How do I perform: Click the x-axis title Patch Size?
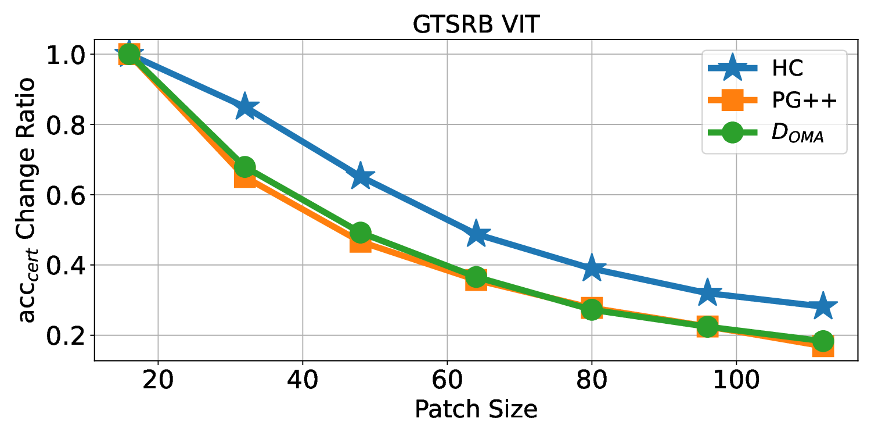(476, 410)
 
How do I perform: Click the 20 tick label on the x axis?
(157, 383)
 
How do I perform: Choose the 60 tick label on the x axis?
(447, 383)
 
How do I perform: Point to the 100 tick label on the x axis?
(736, 383)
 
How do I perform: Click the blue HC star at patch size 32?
(244, 106)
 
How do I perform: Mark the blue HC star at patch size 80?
(592, 267)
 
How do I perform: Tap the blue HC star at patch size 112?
(823, 306)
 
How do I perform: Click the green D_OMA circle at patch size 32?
(244, 167)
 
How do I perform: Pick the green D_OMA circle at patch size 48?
(361, 233)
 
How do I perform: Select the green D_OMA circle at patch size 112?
(823, 341)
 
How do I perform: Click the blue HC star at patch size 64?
(476, 234)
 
